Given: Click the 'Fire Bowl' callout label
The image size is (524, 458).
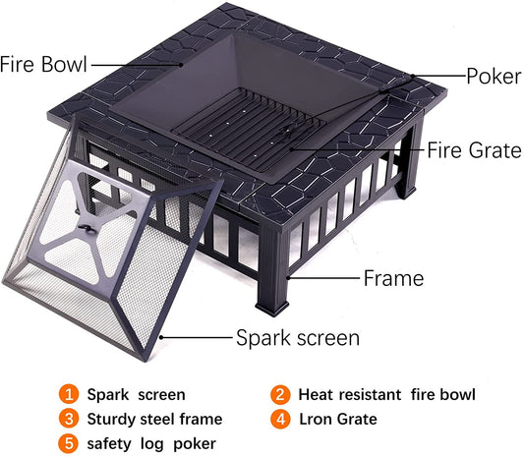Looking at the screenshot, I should point(44,64).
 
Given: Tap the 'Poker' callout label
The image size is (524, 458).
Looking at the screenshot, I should point(494,75).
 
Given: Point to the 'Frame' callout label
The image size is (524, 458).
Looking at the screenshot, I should point(393,278).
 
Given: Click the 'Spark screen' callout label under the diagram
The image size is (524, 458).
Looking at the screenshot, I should point(298,338).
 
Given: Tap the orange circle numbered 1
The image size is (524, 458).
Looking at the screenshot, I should point(68,395).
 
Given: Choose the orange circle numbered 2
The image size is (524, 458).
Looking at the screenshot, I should point(279,395).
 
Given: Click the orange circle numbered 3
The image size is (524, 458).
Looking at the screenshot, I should point(68,420).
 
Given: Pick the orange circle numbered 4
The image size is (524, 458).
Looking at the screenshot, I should point(279,420).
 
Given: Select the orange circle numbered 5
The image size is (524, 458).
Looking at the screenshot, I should point(68,444).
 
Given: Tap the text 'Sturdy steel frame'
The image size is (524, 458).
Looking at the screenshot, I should point(154,420).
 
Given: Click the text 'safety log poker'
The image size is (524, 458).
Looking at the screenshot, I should point(151,444).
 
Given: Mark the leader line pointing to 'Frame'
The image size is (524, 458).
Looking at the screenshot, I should point(324,278).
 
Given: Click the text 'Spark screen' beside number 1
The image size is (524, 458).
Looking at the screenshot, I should point(136,395).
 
